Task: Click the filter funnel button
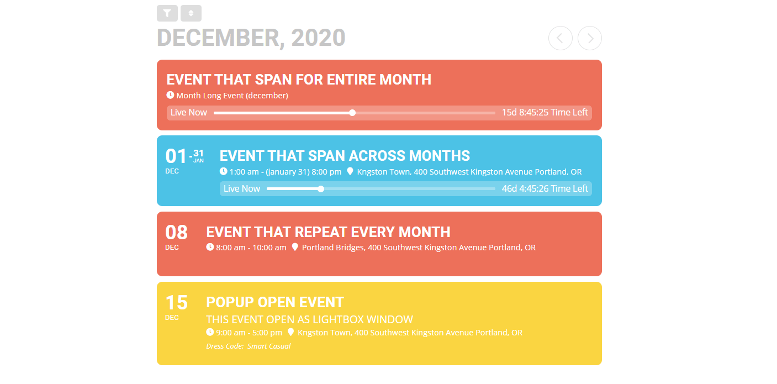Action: click(x=167, y=13)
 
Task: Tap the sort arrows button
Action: click(x=191, y=13)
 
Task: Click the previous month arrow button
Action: click(x=560, y=38)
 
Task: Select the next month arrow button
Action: click(x=590, y=38)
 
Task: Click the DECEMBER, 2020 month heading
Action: click(x=251, y=38)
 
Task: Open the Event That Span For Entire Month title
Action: click(x=299, y=80)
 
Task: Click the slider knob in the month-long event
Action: click(x=352, y=113)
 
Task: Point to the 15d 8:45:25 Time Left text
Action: click(x=545, y=112)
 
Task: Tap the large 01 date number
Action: click(x=176, y=156)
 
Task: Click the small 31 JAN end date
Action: click(x=198, y=155)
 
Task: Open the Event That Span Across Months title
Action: click(x=345, y=156)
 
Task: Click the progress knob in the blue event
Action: click(x=321, y=189)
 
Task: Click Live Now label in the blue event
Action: click(x=242, y=188)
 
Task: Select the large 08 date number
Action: click(x=177, y=233)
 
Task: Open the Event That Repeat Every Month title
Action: click(x=328, y=232)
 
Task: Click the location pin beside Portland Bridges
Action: click(x=295, y=247)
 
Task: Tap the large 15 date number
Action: click(x=177, y=303)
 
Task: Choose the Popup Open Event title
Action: click(x=275, y=302)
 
